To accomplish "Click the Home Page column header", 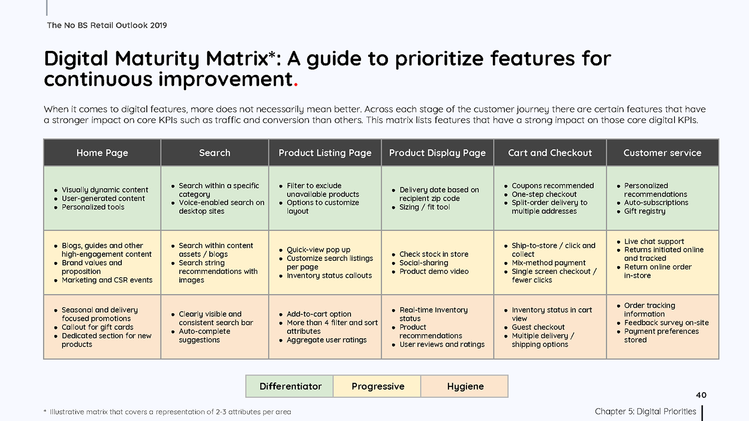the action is [102, 153].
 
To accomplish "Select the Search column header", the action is [215, 153].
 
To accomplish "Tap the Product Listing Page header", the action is [325, 153].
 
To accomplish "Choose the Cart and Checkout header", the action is [550, 153].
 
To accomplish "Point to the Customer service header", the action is [663, 153].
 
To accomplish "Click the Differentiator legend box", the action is [290, 386].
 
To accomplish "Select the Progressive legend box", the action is [377, 386].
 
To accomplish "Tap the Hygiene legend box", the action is [465, 386].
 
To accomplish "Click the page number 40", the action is [701, 395].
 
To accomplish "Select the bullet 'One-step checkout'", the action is [541, 194].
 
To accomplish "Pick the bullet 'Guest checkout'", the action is [535, 327].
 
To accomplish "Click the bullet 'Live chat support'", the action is [650, 241].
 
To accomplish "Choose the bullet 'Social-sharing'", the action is [420, 263].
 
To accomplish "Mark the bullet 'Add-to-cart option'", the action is [315, 314].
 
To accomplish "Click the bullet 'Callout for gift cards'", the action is [94, 327].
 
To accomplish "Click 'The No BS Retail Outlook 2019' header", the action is [107, 25].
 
